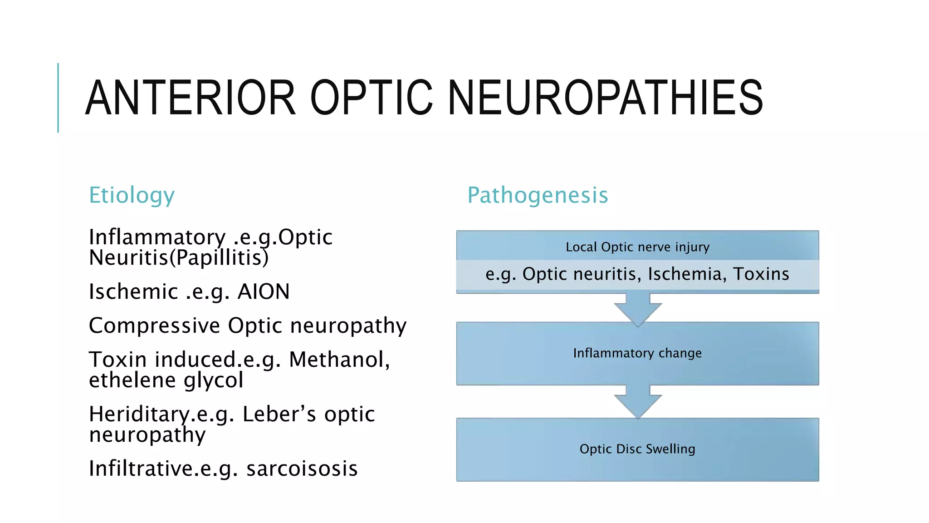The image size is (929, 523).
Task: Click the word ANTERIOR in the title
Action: (x=191, y=98)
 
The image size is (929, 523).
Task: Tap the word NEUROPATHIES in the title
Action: (x=606, y=98)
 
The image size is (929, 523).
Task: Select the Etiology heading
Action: (x=132, y=195)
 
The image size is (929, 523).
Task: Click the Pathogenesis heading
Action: (x=538, y=195)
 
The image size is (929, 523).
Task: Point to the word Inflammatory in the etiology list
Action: (x=157, y=237)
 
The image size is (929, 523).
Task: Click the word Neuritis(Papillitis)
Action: (x=179, y=258)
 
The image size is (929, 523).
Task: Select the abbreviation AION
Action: (x=264, y=291)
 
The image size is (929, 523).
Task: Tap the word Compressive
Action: (x=154, y=326)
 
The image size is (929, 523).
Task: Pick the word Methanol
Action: (x=339, y=360)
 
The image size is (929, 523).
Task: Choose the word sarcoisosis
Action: (x=302, y=469)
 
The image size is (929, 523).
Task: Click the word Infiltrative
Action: (x=141, y=469)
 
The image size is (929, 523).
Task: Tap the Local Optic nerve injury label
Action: (x=637, y=247)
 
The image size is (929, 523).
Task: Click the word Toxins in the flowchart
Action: (x=761, y=274)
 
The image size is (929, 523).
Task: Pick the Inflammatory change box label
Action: (x=637, y=353)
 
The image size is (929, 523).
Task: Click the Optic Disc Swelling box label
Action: (x=637, y=449)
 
